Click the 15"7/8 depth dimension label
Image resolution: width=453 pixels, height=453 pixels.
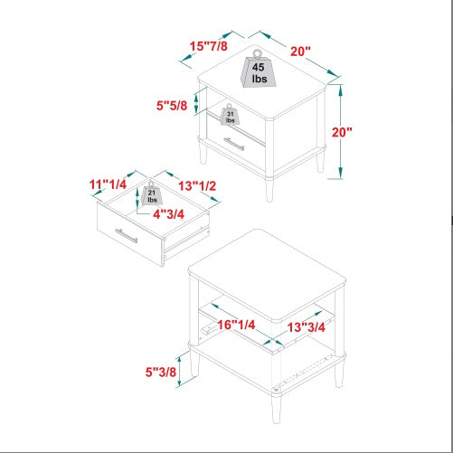pos(208,46)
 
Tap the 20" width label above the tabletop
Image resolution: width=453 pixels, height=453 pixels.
pos(300,52)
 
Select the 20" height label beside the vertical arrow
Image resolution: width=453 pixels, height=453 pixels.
pos(342,132)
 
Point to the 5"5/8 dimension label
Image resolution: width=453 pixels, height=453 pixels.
pos(172,106)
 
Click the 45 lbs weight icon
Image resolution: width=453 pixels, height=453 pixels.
pos(258,70)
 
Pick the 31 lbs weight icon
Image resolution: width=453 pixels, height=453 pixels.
pos(230,115)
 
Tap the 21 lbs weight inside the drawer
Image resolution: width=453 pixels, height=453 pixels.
pos(152,193)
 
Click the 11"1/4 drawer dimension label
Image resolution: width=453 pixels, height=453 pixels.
pos(108,184)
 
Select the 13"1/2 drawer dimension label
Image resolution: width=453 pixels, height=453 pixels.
pos(197,186)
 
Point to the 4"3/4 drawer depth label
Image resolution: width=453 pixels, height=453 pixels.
pos(168,214)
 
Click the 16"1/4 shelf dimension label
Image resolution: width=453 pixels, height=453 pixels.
pos(236,325)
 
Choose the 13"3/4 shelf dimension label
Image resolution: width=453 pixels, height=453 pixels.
pos(306,327)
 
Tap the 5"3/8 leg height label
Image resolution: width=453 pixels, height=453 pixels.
pos(161,372)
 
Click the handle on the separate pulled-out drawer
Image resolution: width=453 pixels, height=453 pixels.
pos(127,235)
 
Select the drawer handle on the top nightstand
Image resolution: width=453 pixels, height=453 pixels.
pos(234,144)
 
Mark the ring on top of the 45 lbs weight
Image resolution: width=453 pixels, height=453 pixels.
pos(257,53)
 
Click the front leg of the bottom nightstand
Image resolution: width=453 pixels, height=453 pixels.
pos(276,408)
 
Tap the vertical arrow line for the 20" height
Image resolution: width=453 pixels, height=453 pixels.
pos(341,131)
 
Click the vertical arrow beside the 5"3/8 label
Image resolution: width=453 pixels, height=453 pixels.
pos(180,371)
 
